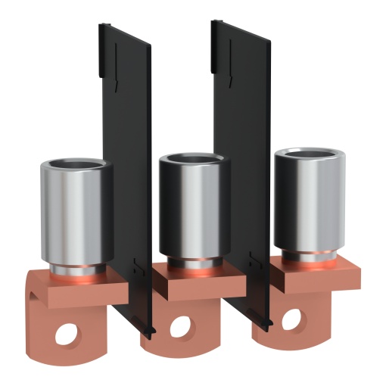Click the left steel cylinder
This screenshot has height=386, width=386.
[75, 216]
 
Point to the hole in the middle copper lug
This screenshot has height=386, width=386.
[181, 327]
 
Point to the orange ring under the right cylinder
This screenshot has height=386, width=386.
[306, 257]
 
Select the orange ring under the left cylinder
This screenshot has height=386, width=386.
[76, 271]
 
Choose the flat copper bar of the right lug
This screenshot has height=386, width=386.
[318, 275]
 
